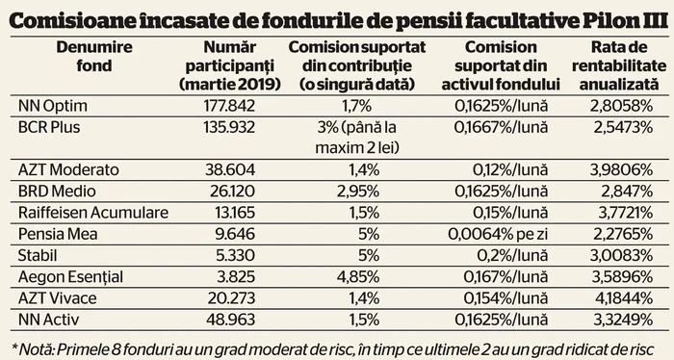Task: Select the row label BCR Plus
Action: tap(47, 127)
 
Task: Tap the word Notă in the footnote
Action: tap(34, 345)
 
